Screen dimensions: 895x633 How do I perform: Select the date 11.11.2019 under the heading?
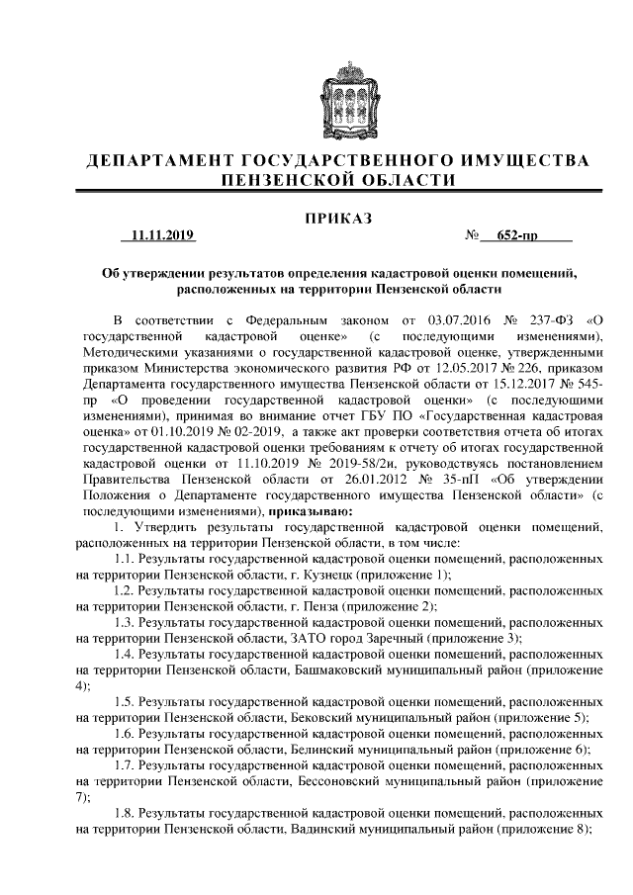tap(157, 236)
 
